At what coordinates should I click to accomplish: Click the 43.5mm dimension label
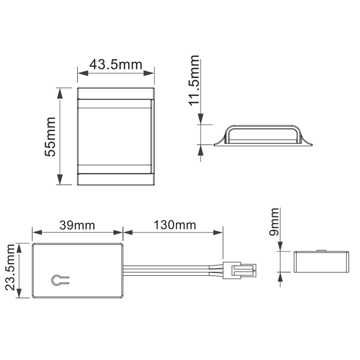click(116, 65)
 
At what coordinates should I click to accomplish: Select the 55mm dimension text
click(50, 137)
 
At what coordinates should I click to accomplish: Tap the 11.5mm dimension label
click(194, 81)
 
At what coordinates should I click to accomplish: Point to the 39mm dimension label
click(77, 225)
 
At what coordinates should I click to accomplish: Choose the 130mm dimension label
click(175, 225)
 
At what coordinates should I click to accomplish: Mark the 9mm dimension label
click(274, 222)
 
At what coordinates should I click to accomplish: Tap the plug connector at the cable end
click(240, 271)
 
